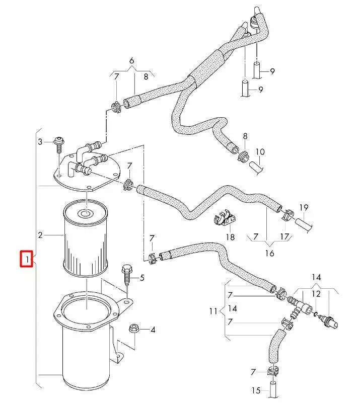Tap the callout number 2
coord(40,235)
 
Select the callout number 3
coord(41,142)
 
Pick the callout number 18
coord(230,237)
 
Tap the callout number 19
coord(304,207)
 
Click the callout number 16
coord(269,253)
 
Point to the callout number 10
coord(260,151)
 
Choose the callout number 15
coord(256,390)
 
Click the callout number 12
coord(316,294)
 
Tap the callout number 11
coord(212,311)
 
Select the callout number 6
coord(131,61)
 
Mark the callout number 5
coord(141,277)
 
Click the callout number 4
coord(153,330)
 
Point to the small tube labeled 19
coord(304,222)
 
